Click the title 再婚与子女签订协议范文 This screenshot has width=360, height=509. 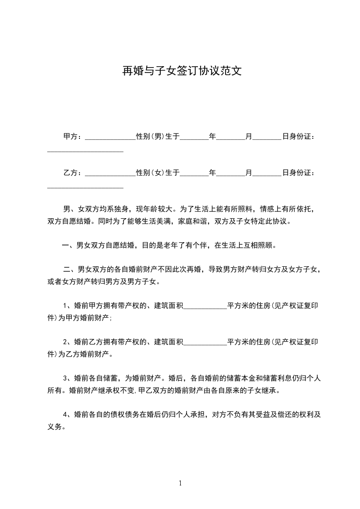click(180, 71)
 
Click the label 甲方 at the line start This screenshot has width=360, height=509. click(70, 136)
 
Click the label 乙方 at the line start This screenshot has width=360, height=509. click(70, 172)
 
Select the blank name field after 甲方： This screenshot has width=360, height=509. click(110, 137)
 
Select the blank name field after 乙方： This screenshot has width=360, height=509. click(110, 173)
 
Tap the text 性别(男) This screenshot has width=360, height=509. click(150, 136)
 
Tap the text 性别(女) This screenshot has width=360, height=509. click(150, 172)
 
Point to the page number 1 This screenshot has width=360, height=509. click(180, 483)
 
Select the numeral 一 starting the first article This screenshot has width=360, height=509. click(65, 245)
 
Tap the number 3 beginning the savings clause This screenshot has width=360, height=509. click(65, 377)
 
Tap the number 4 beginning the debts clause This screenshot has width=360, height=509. click(65, 414)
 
